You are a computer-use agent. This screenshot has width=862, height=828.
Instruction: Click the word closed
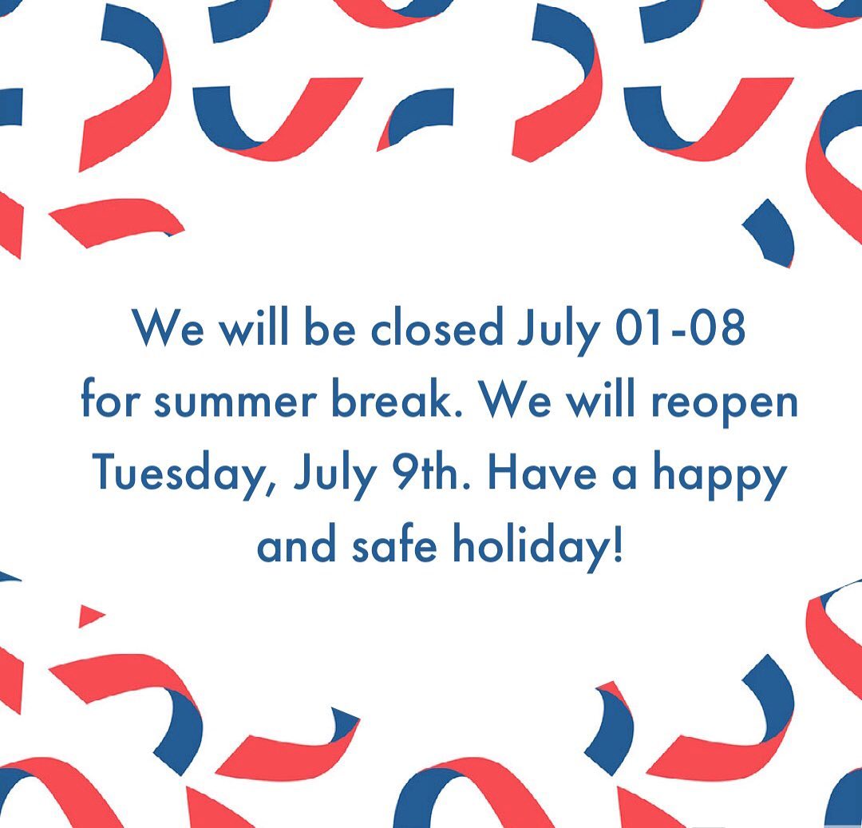pyautogui.click(x=437, y=328)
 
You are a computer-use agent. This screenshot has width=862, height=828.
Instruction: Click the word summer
pyautogui.click(x=235, y=403)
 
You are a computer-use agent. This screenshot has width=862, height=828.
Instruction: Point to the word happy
pyautogui.click(x=720, y=478)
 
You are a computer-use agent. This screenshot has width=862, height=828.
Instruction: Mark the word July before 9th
pyautogui.click(x=336, y=477)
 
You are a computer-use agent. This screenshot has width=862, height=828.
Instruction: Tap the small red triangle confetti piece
pyautogui.click(x=90, y=616)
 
